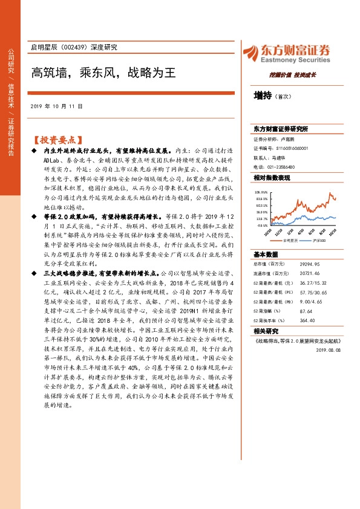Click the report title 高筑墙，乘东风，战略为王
click(103, 73)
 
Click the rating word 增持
click(263, 95)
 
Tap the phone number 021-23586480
click(280, 167)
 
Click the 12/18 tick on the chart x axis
click(278, 230)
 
